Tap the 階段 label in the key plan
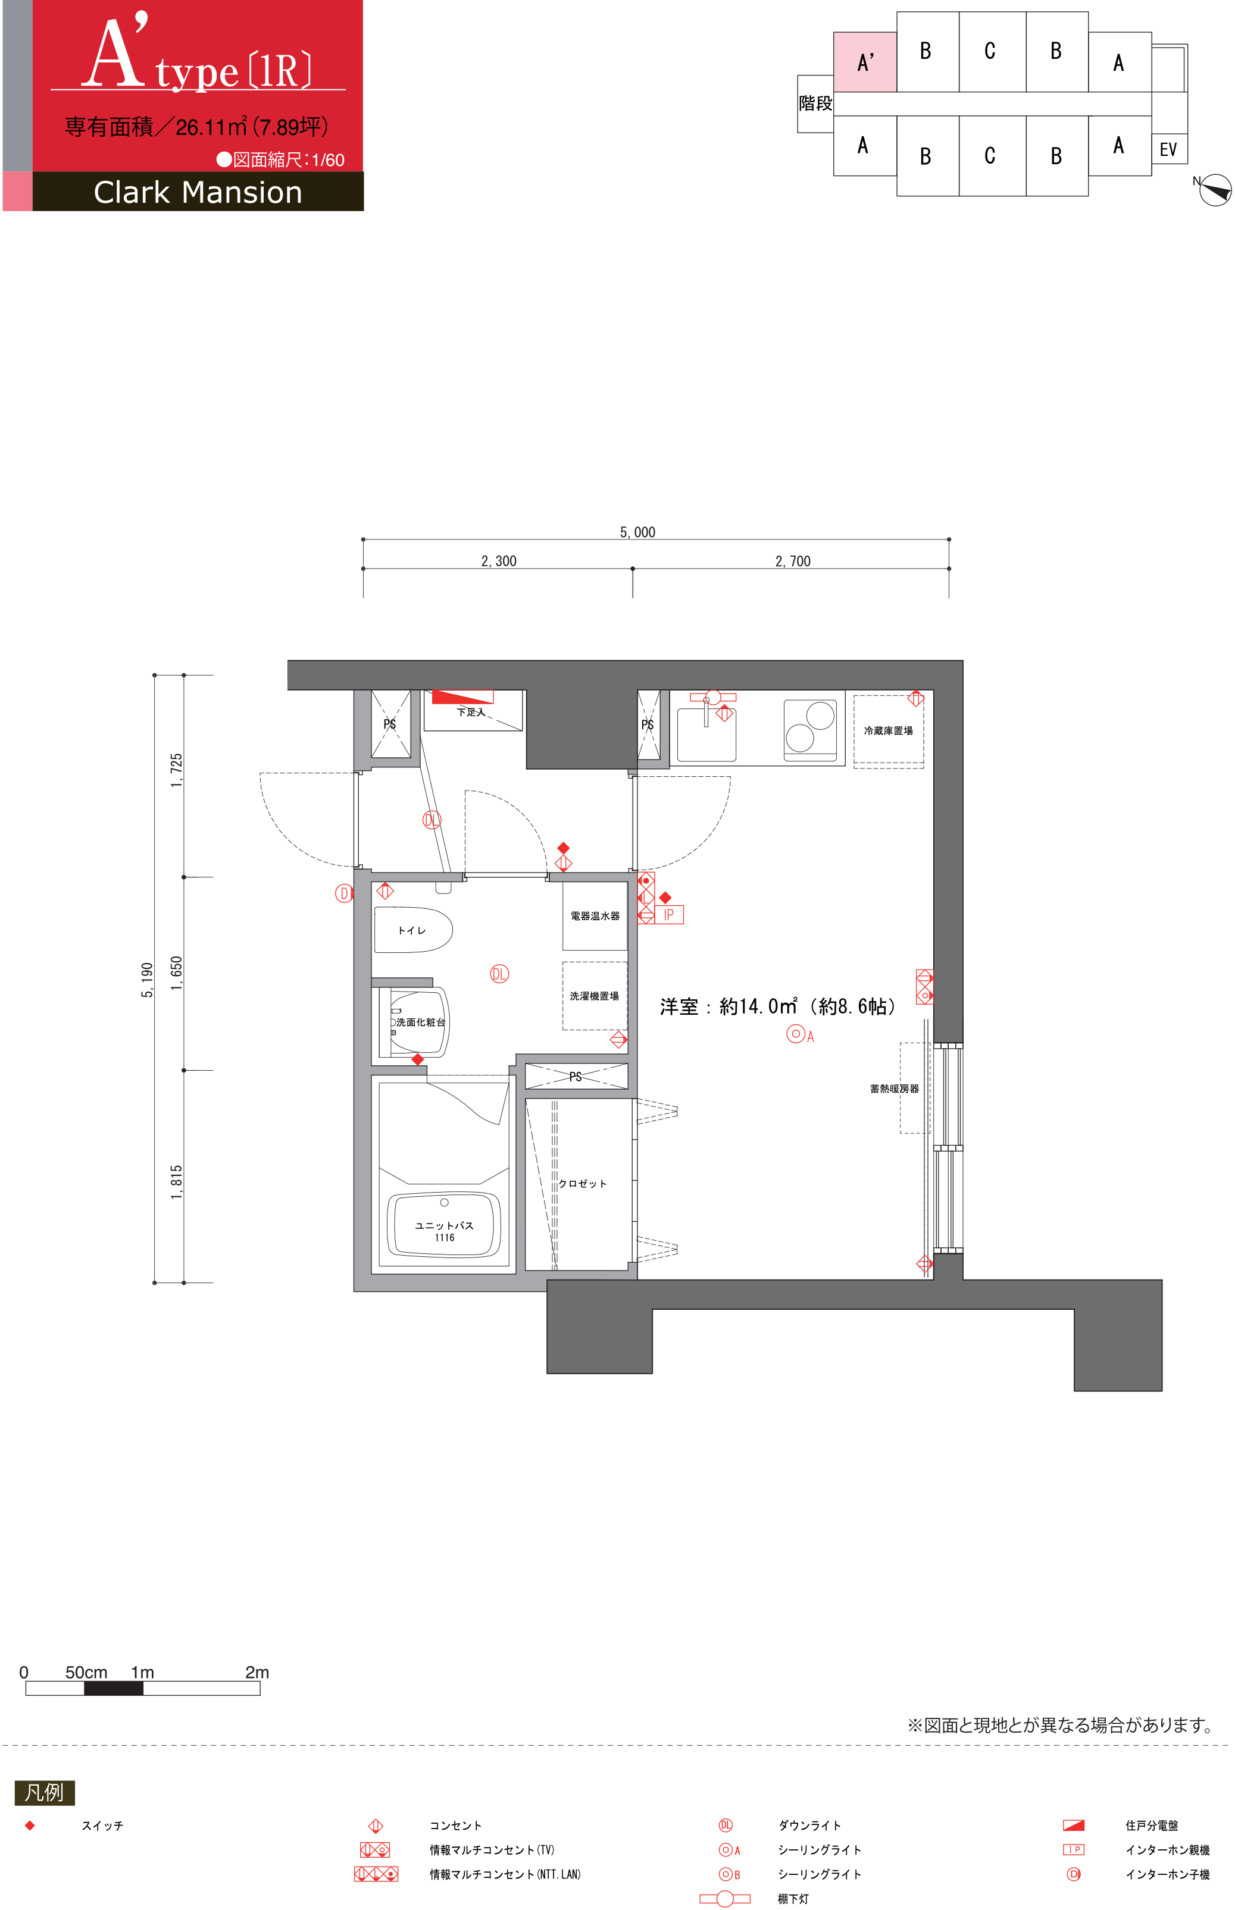[x=815, y=104]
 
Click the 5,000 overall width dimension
[x=637, y=532]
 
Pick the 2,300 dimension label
[x=499, y=561]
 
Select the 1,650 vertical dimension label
[x=176, y=973]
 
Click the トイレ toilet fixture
[x=413, y=930]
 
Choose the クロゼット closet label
[x=583, y=1183]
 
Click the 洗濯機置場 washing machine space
[x=594, y=996]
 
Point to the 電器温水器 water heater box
[x=595, y=915]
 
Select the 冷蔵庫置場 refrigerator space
[x=889, y=731]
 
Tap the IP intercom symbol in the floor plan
[x=669, y=914]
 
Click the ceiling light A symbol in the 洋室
[x=796, y=1034]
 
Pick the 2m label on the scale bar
[x=258, y=1672]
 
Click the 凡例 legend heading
[x=44, y=1792]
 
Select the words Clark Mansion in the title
[x=198, y=192]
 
